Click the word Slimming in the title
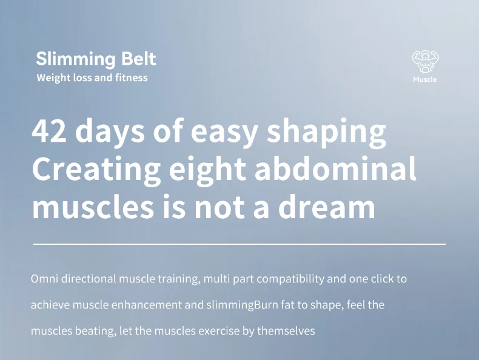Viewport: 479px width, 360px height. pos(76,59)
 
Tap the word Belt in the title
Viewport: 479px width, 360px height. pos(139,58)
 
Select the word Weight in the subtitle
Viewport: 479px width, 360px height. pos(53,78)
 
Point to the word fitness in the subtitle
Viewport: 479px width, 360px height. pos(132,78)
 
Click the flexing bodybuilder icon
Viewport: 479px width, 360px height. pos(425,61)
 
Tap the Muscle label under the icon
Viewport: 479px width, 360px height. pos(425,79)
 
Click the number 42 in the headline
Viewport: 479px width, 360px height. pos(49,131)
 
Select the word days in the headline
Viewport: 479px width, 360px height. pos(110,132)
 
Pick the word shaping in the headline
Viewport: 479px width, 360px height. pos(327,132)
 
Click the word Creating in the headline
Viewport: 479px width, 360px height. pos(96,170)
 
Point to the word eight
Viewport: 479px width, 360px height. pos(207,170)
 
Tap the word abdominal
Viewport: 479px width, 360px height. pos(335,168)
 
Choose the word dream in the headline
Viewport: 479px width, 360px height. pos(327,207)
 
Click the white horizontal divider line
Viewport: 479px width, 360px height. pos(239,244)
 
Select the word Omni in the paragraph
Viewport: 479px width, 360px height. pos(44,279)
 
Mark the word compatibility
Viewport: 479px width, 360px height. pos(290,279)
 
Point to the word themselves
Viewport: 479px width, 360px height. pos(286,331)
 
